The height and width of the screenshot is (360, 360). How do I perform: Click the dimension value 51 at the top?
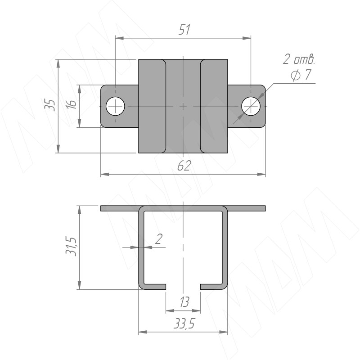pos(184,30)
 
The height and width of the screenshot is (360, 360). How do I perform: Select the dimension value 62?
pos(184,166)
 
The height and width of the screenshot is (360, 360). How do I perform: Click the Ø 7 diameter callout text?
pos(301,75)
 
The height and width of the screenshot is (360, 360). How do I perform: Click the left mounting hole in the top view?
pos(115,106)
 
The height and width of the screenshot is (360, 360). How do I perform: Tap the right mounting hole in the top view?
pos(251,106)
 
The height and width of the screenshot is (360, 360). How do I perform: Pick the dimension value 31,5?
pos(71,246)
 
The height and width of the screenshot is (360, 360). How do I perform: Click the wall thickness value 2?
pos(159,239)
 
